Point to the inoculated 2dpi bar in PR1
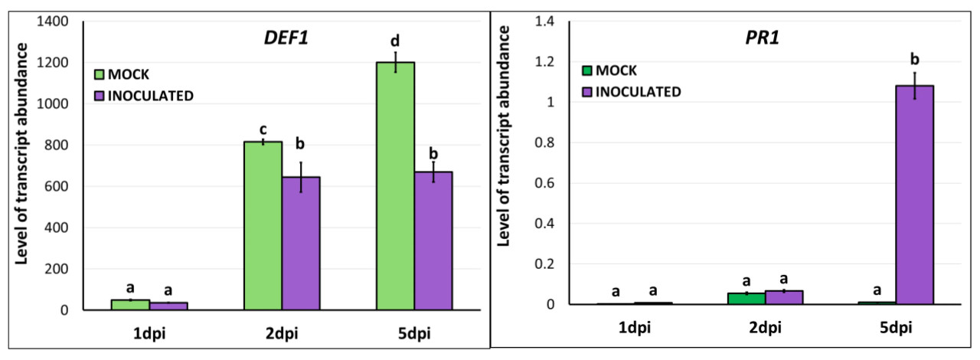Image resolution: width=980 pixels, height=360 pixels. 783,297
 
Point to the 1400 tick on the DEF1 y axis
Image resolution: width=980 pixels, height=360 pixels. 57,22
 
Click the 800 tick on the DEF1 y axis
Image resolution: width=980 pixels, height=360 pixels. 62,146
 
